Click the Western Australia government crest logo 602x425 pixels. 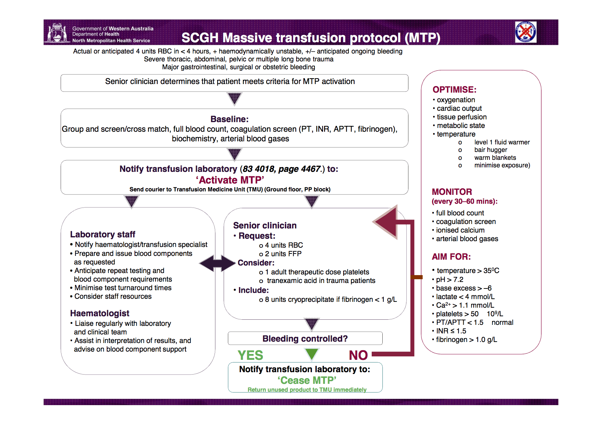coord(57,33)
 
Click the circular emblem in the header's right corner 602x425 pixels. coord(525,32)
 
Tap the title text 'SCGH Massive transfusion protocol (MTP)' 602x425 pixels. coord(311,38)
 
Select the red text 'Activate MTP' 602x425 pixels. coord(230,180)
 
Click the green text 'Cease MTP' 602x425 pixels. coord(307,380)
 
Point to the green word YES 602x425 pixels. coord(250,355)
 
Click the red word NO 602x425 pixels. coord(358,355)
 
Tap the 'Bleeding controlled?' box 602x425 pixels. coord(305,339)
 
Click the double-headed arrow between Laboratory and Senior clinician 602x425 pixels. coord(217,263)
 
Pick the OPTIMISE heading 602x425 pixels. coord(454,90)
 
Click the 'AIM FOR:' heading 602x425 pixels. coord(451,257)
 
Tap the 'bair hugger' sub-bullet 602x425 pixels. coord(490,150)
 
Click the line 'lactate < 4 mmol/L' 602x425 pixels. coord(465,297)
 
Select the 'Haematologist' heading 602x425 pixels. coord(100,313)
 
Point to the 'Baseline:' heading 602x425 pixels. coord(229,119)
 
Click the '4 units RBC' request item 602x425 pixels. coord(283,245)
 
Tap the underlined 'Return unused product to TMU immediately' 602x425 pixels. coord(307,390)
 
